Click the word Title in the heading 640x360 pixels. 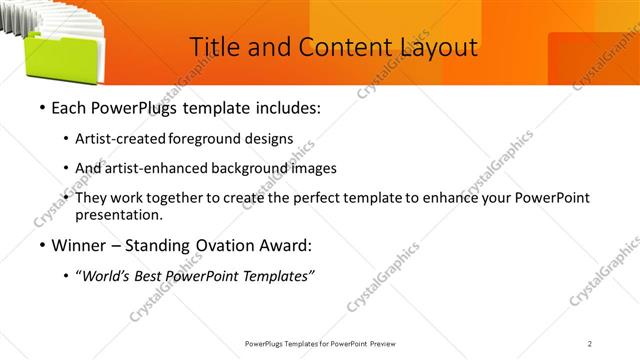click(x=213, y=46)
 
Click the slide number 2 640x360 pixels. click(x=590, y=343)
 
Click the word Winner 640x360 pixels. click(x=80, y=245)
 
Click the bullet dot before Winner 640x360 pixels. click(x=41, y=246)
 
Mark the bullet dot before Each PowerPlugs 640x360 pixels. click(x=41, y=108)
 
